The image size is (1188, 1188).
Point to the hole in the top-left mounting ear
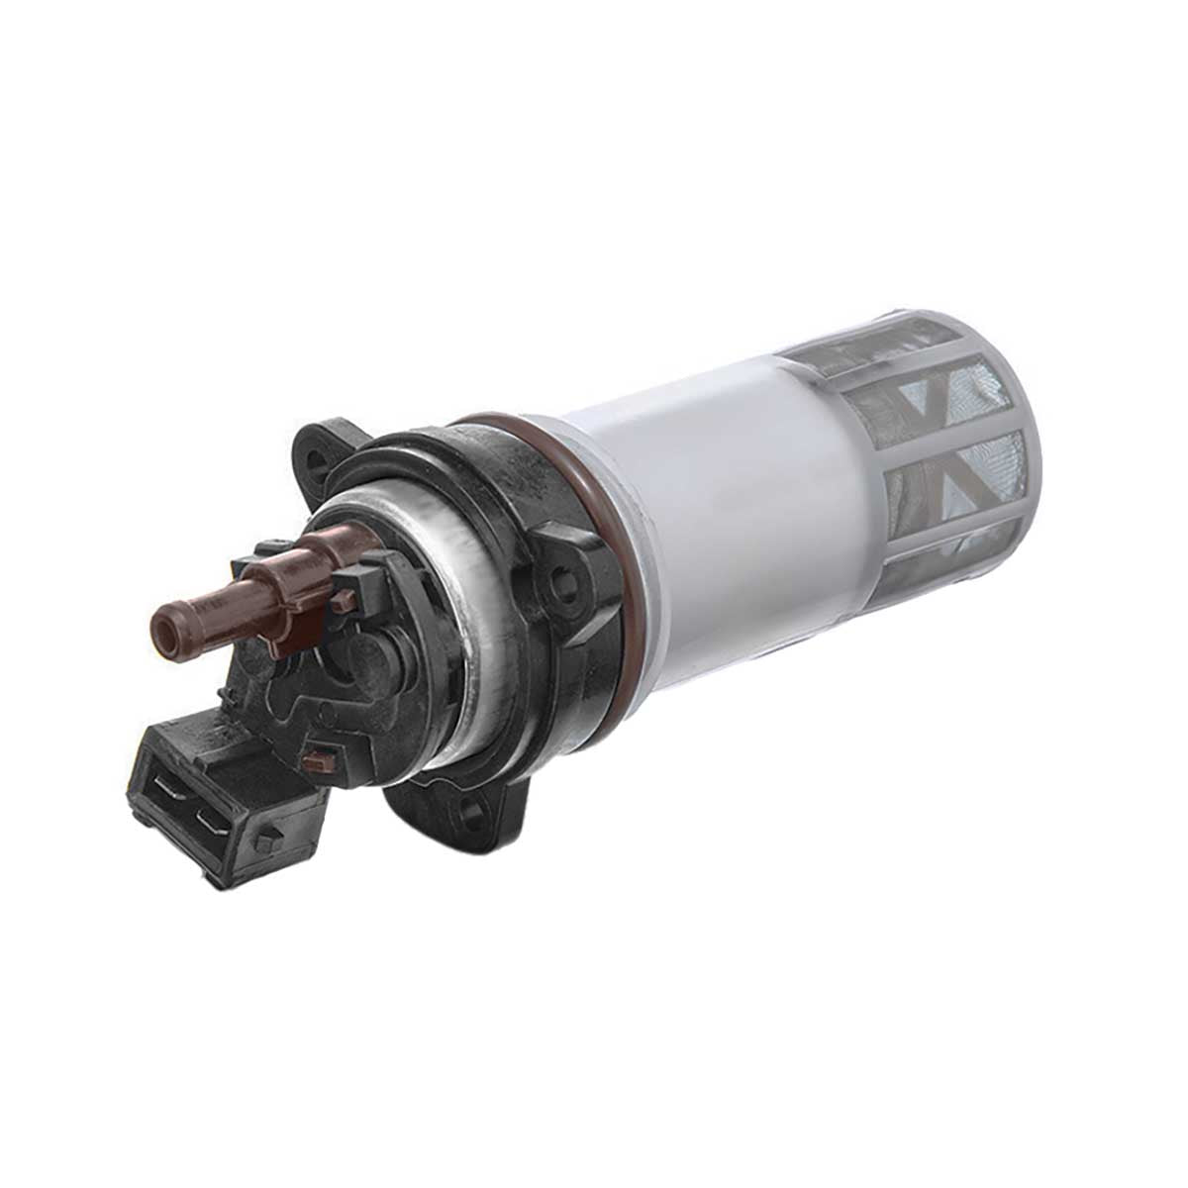pos(318,461)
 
